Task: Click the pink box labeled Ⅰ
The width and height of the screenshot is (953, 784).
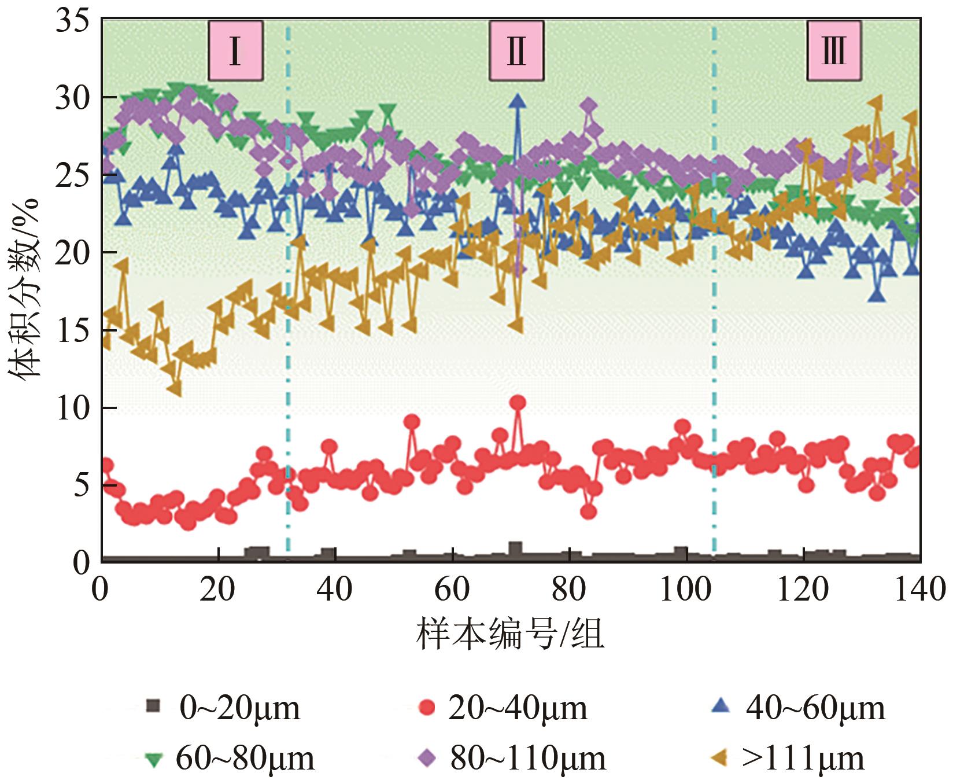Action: click(x=235, y=51)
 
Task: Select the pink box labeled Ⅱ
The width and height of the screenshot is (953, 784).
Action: click(x=516, y=51)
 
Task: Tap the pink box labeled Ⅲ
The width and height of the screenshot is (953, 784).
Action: click(x=834, y=51)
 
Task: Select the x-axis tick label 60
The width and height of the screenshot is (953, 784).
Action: click(x=452, y=590)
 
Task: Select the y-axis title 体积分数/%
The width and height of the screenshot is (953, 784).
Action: click(x=24, y=289)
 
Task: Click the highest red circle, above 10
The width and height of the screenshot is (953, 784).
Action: click(x=518, y=403)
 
